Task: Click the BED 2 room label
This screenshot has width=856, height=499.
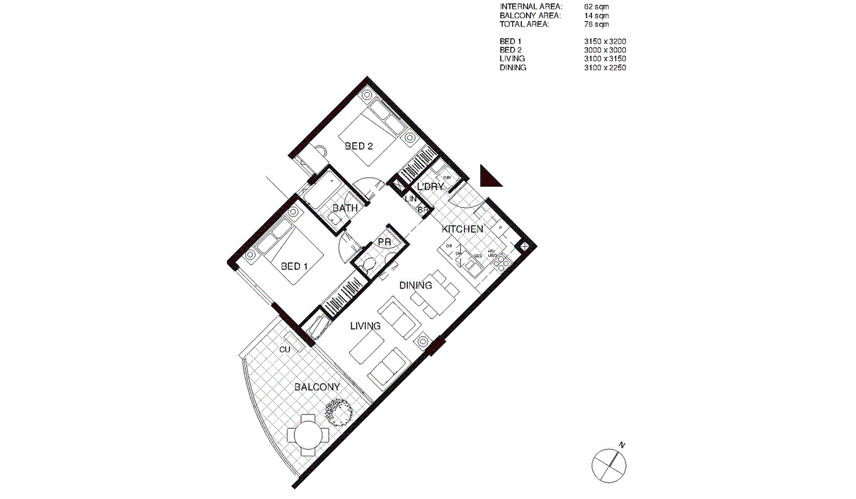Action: click(359, 146)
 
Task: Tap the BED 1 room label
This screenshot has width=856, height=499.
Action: click(295, 266)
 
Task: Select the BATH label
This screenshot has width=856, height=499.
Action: click(345, 208)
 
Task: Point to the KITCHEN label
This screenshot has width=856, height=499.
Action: click(462, 229)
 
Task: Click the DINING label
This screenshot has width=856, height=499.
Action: click(415, 285)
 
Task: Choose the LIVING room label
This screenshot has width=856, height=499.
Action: click(365, 326)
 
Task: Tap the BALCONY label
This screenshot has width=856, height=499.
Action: click(317, 387)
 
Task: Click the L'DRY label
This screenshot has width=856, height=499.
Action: click(431, 187)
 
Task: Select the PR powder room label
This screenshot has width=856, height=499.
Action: click(384, 242)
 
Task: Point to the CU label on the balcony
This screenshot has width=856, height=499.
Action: click(284, 349)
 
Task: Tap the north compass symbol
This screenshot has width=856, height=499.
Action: click(610, 465)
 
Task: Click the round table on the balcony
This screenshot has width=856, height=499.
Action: click(308, 434)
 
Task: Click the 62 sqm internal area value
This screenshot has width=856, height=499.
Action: click(596, 7)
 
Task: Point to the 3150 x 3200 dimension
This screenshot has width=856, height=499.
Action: click(605, 41)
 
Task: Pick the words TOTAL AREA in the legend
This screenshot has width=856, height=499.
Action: click(525, 24)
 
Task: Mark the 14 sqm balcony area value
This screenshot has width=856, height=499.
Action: click(596, 16)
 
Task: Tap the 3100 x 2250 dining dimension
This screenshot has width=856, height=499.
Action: click(605, 68)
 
